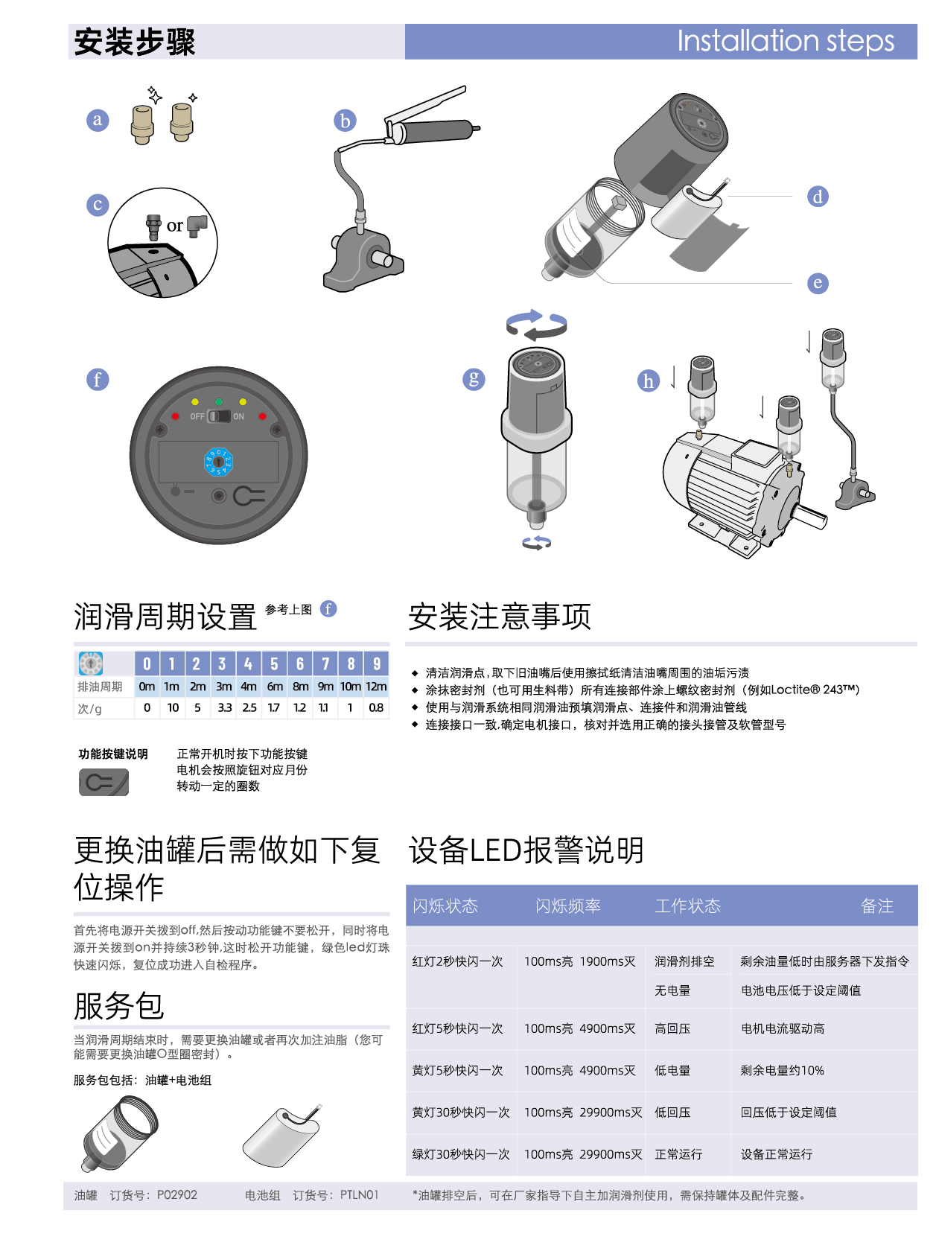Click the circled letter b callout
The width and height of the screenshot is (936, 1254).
pos(345,121)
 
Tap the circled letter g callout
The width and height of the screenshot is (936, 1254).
pos(474,379)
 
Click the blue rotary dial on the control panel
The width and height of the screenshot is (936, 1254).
pos(218,462)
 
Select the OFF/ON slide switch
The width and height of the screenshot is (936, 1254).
pos(218,416)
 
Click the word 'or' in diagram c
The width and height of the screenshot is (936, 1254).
pos(175,226)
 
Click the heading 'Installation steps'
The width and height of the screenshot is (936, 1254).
pos(786,42)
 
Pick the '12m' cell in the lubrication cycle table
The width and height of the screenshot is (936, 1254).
pos(376,687)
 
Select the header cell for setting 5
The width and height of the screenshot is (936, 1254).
pos(274,663)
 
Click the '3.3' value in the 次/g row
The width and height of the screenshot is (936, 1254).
pos(224,707)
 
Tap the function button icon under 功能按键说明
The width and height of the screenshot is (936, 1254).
pos(104,782)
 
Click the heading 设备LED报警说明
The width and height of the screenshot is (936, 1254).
pos(526,850)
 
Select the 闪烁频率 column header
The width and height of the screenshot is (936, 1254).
pos(568,906)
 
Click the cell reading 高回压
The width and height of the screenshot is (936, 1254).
pos(672,1028)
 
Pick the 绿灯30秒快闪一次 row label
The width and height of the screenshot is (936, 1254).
pos(461,1154)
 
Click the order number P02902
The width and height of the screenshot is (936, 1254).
pos(177,1195)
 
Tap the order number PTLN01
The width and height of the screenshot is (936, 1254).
pos(360,1195)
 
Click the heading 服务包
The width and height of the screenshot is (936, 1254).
pos(119,1006)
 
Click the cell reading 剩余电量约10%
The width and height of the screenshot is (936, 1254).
pos(783,1071)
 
